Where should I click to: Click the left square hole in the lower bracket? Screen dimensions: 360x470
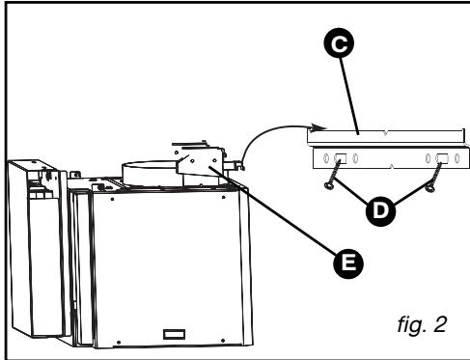340,158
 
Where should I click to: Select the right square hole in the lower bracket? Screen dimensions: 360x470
443,158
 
